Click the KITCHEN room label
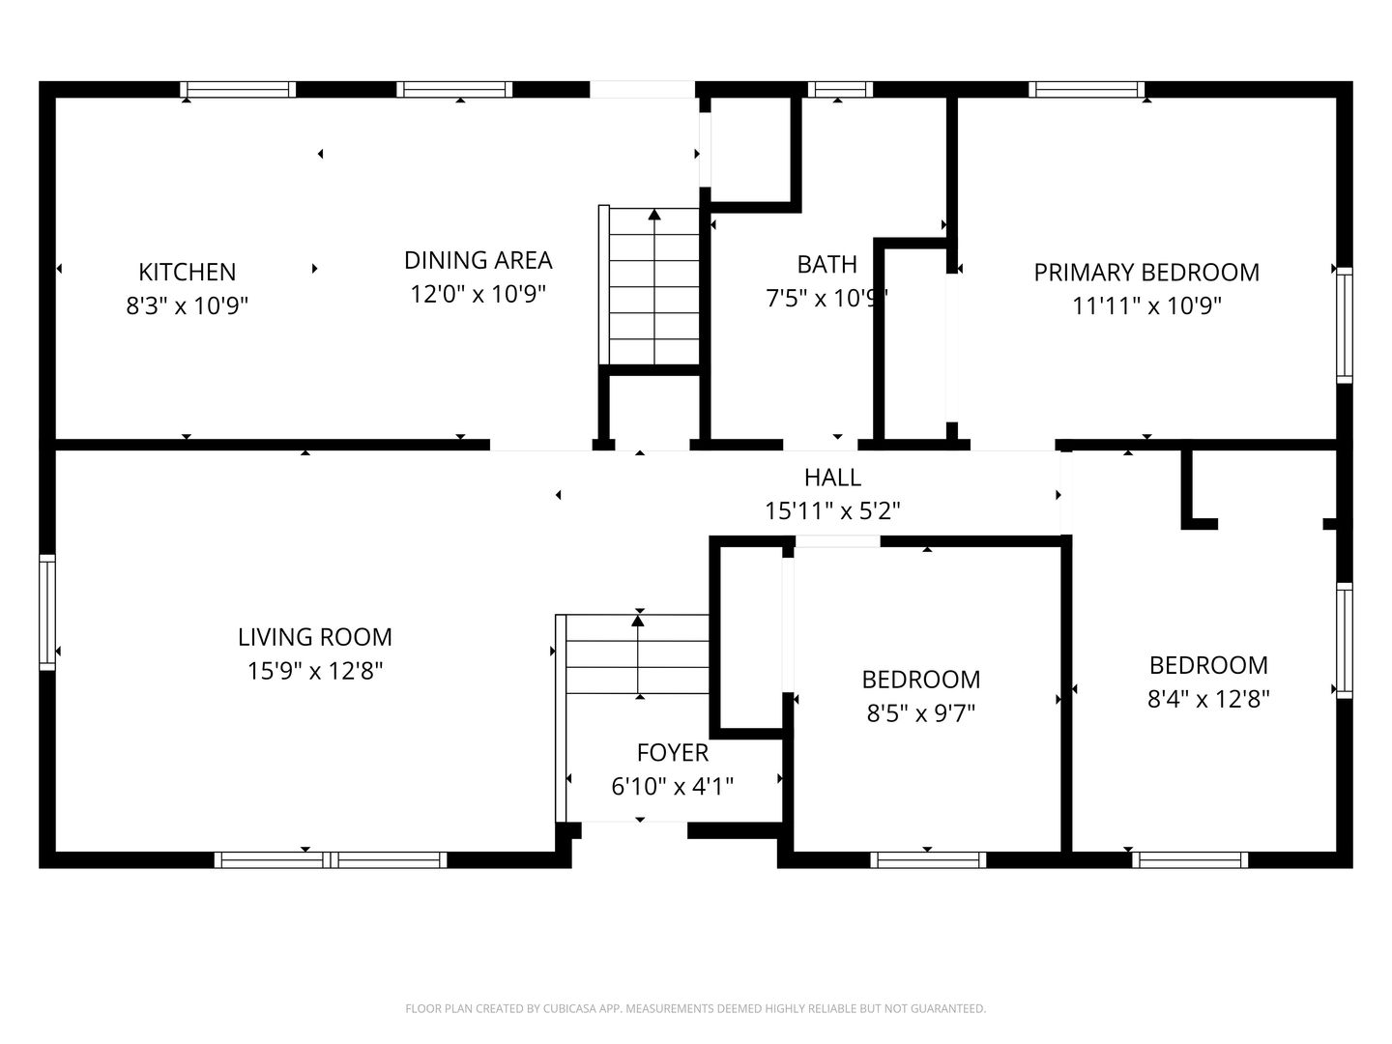click(188, 272)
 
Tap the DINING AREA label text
click(478, 261)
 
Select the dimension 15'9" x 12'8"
click(315, 671)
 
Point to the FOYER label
click(672, 753)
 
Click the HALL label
click(832, 478)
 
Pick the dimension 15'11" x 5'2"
click(832, 511)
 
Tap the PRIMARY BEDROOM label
click(1146, 273)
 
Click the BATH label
click(826, 264)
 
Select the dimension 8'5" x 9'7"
click(921, 713)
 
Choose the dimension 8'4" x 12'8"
click(1208, 699)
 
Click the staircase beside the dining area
click(650, 285)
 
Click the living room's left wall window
click(47, 612)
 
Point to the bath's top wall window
click(840, 89)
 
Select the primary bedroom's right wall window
click(1345, 325)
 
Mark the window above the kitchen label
click(238, 89)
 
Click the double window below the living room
click(331, 860)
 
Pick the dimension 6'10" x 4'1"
click(672, 787)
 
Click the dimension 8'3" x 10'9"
click(188, 306)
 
